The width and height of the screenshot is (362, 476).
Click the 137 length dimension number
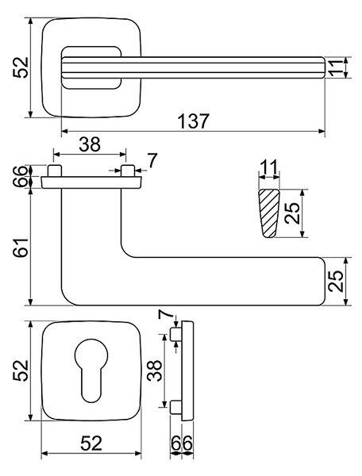[x=194, y=121]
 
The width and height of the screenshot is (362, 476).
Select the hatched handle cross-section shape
[x=268, y=213]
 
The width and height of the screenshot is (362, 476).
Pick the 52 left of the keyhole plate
[x=21, y=370]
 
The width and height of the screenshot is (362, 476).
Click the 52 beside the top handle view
[x=21, y=67]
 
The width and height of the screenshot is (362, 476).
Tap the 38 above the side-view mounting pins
[x=90, y=144]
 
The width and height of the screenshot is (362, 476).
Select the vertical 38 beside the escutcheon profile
[x=155, y=370]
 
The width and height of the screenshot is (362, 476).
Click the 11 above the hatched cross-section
[x=268, y=167]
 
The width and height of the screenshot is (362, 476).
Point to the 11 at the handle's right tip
[x=335, y=67]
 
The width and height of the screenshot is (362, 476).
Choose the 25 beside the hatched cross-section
[x=292, y=213]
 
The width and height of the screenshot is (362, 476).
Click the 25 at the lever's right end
[x=335, y=281]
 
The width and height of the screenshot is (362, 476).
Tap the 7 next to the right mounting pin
[x=152, y=160]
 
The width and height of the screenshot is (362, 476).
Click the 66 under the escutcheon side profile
[x=182, y=443]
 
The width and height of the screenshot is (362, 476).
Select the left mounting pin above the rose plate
[x=55, y=171]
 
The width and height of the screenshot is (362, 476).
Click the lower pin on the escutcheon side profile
[x=176, y=407]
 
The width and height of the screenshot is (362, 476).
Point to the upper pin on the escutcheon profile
[x=176, y=334]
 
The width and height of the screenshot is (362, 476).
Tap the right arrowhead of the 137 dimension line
[x=322, y=131]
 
